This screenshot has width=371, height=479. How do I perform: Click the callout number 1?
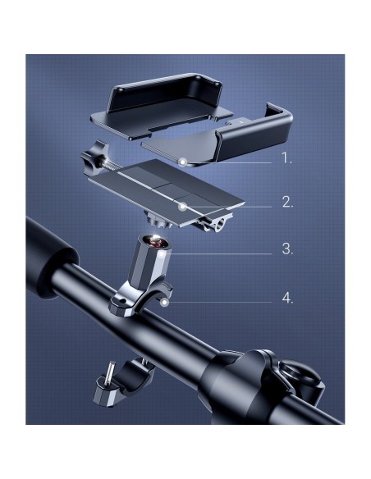(x=286, y=158)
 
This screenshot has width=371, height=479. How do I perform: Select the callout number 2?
(x=287, y=202)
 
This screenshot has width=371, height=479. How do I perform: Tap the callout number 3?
(x=287, y=249)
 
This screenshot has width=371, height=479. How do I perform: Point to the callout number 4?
(x=287, y=298)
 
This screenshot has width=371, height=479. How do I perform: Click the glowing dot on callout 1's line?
(x=183, y=162)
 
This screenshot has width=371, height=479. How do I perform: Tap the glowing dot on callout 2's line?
(x=182, y=207)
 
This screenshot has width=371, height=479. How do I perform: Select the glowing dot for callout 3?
(x=162, y=253)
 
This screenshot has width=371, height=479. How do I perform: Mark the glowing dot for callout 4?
(x=165, y=303)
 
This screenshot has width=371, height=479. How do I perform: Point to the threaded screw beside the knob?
(x=113, y=165)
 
